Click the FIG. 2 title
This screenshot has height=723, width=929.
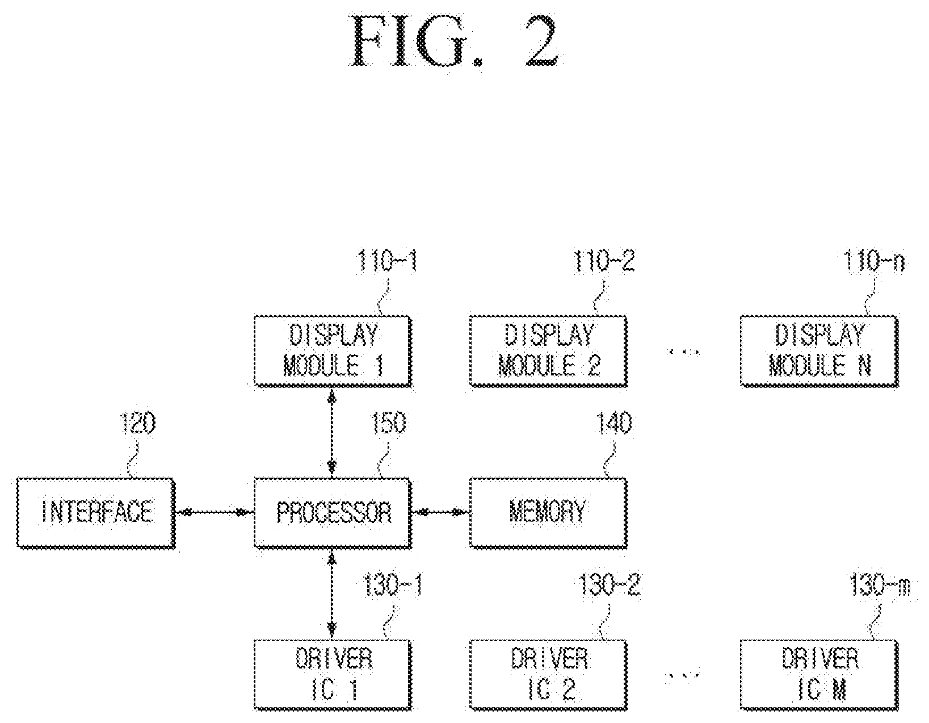(x=455, y=41)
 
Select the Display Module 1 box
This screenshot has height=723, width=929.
(x=333, y=351)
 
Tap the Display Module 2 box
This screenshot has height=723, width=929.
(x=549, y=351)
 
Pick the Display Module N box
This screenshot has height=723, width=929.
(x=819, y=351)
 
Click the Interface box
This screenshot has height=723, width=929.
(x=96, y=512)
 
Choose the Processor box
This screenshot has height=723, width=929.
(x=333, y=512)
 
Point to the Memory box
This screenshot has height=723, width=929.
(x=549, y=512)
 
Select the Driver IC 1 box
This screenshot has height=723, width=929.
(x=333, y=675)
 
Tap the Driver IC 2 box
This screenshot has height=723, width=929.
(x=549, y=675)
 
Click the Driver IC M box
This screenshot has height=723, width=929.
(x=819, y=675)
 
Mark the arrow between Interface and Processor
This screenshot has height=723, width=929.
(x=215, y=512)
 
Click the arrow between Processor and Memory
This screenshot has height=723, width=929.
(x=441, y=512)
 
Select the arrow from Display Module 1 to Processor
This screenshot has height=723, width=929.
(x=332, y=432)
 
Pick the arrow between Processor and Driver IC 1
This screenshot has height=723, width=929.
(x=332, y=594)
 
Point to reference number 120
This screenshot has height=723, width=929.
(x=138, y=423)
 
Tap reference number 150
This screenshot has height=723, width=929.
(x=388, y=423)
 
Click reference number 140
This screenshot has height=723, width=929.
(x=614, y=423)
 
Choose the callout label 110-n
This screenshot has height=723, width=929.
(x=873, y=261)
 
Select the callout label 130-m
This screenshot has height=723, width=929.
(x=880, y=585)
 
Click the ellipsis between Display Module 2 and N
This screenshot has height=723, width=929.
(x=684, y=352)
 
